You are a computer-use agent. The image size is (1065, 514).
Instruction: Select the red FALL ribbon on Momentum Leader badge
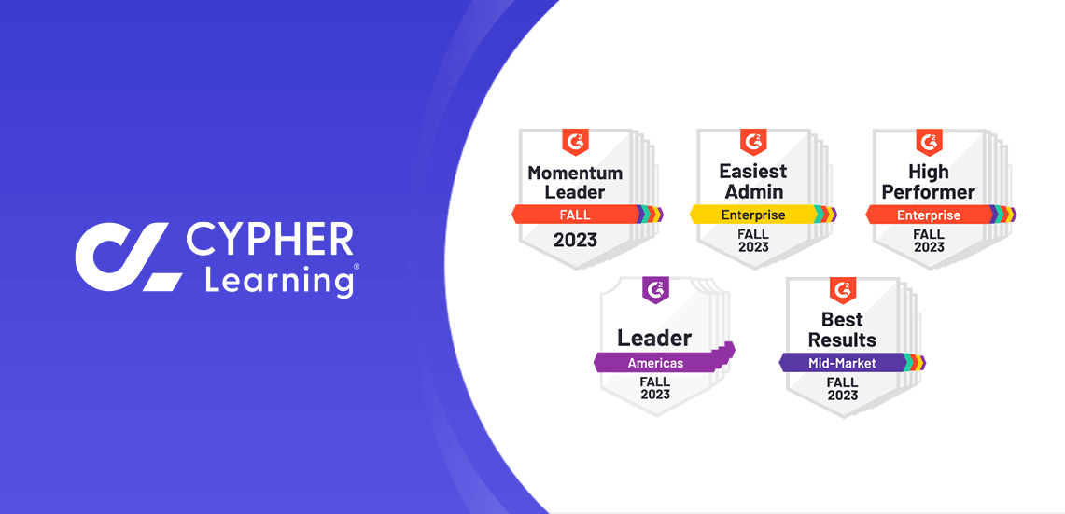tap(575, 215)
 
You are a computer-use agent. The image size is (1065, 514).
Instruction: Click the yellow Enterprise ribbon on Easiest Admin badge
tap(752, 215)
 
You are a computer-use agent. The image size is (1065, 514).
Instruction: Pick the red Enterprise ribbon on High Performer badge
tap(929, 215)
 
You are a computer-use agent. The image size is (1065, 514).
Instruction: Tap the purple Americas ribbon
tap(655, 363)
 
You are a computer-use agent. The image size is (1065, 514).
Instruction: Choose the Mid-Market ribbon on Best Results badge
tap(842, 363)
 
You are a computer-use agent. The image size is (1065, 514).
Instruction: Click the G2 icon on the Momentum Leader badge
tap(575, 142)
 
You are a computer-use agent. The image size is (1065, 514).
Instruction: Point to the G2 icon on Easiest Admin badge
tap(752, 142)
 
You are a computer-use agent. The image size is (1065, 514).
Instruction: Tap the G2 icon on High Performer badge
tap(929, 142)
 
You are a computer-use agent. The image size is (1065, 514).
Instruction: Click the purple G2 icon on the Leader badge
tap(655, 290)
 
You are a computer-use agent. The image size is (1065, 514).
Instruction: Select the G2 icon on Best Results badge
tap(842, 290)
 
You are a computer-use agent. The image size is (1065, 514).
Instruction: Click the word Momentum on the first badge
tap(575, 172)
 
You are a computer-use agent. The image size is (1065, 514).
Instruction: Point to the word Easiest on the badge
tap(753, 171)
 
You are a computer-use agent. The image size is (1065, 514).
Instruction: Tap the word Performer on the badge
tap(929, 191)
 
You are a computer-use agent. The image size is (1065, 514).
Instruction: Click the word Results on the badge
tap(843, 340)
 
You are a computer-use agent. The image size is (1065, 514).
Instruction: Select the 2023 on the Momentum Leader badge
tap(575, 240)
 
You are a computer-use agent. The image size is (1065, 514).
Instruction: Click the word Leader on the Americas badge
tap(654, 338)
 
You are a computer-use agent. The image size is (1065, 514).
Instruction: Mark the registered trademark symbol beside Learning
tap(357, 267)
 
